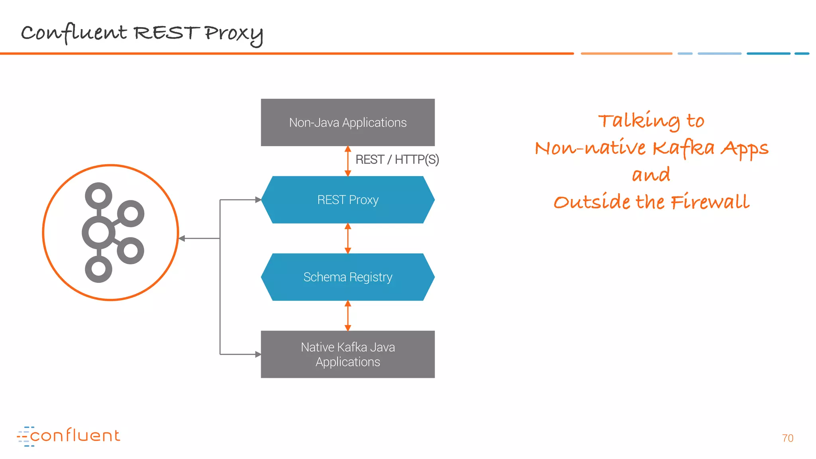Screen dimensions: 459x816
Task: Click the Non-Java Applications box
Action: (x=347, y=122)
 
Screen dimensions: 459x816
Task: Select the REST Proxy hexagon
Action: (x=347, y=200)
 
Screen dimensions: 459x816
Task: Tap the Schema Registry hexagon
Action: (x=347, y=277)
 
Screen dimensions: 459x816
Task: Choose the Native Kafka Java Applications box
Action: (x=347, y=354)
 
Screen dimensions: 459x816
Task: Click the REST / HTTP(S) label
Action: (x=397, y=160)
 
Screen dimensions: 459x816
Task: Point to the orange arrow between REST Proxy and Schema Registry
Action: (x=348, y=238)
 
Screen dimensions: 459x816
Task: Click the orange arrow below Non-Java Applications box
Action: (x=348, y=161)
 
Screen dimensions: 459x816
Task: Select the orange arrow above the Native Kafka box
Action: (x=348, y=316)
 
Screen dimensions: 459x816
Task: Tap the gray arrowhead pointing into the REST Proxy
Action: (x=258, y=200)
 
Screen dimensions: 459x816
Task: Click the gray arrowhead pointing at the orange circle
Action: (x=182, y=238)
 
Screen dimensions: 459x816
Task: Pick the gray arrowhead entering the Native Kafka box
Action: (x=258, y=354)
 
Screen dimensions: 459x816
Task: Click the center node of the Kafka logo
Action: (x=98, y=233)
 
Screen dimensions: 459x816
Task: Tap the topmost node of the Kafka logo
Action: (x=98, y=196)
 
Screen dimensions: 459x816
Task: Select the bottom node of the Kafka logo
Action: (x=98, y=269)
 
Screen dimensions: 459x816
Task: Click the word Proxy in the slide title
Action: (x=234, y=34)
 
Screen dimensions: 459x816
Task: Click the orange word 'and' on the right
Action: (x=651, y=175)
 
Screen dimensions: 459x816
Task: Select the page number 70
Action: (x=787, y=438)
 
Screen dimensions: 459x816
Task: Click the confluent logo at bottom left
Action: (x=69, y=436)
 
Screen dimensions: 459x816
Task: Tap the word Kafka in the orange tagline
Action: (x=683, y=148)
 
